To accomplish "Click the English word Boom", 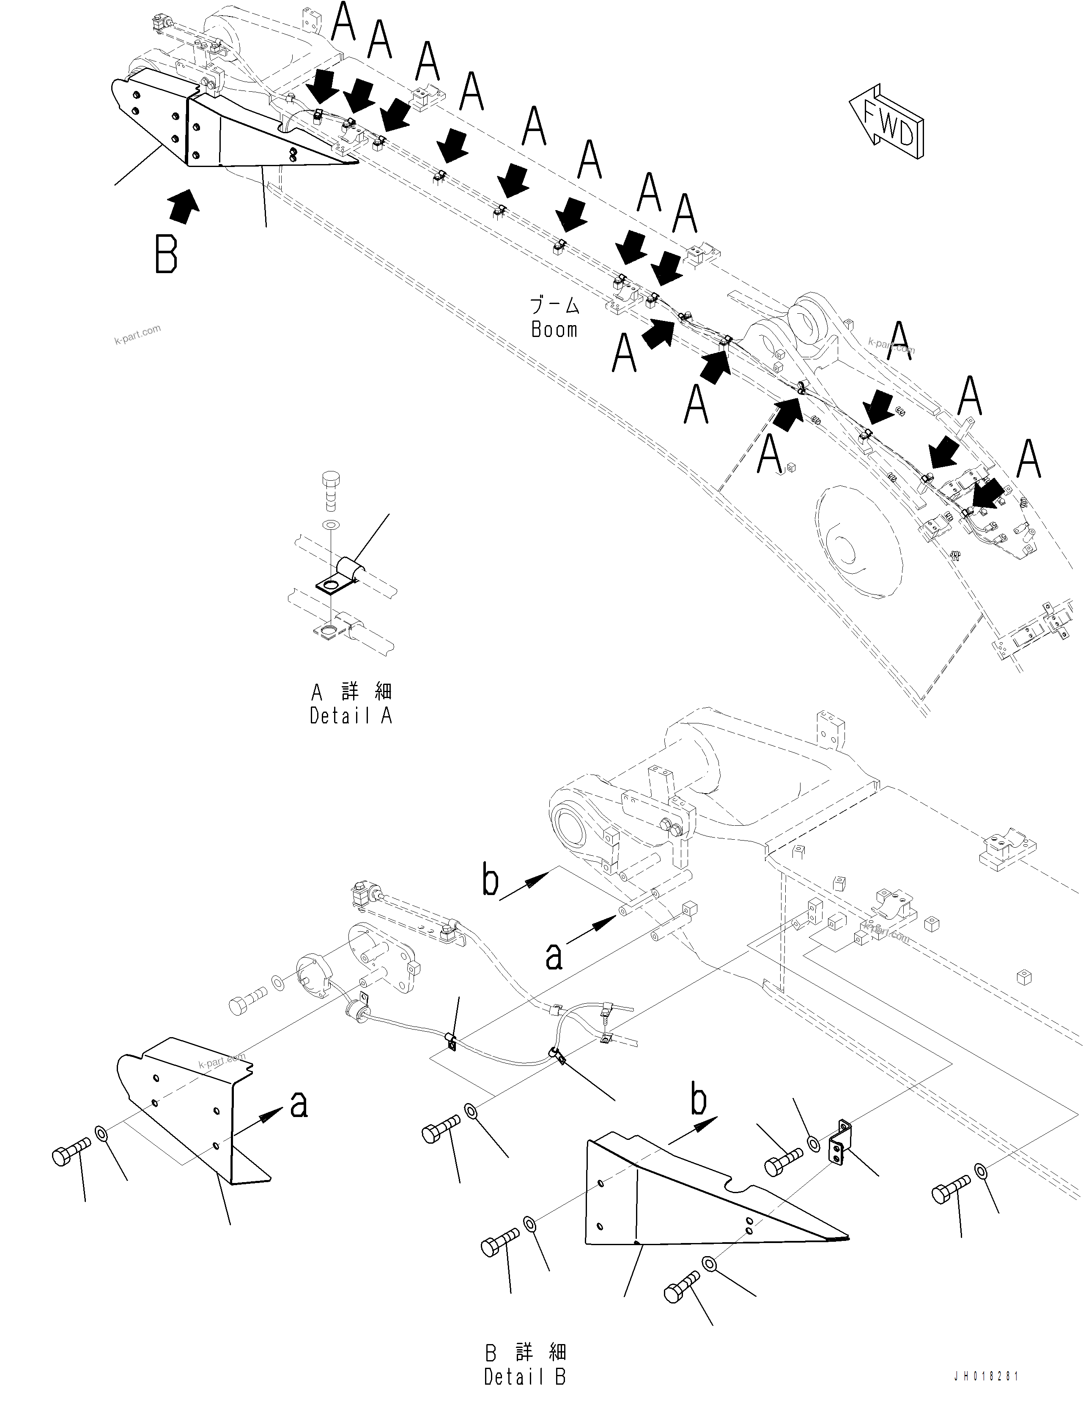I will point(554,329).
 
